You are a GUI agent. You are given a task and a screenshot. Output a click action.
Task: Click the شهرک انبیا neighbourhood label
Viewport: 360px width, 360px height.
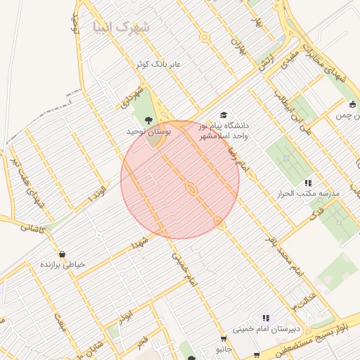pos(121,27)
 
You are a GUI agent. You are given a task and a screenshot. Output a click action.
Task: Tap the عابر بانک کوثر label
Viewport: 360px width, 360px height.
pos(160,64)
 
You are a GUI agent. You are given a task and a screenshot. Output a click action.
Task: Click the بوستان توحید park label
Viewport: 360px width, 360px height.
pos(149,131)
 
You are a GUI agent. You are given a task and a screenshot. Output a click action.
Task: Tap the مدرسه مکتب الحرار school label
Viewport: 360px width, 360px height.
pos(310,193)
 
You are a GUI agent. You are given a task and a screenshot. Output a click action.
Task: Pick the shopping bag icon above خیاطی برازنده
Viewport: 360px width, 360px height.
pos(62,254)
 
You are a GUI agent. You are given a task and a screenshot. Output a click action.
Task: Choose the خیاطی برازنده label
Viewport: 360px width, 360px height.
pos(62,264)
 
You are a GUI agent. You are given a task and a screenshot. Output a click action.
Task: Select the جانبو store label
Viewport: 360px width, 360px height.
pos(224,348)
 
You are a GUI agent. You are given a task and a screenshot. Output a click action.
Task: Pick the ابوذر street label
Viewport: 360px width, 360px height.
pos(124,316)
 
